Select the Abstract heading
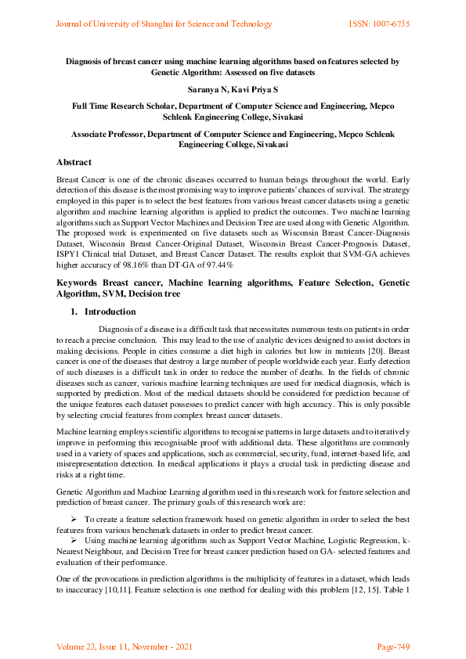75,162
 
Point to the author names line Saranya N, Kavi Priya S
233,90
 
